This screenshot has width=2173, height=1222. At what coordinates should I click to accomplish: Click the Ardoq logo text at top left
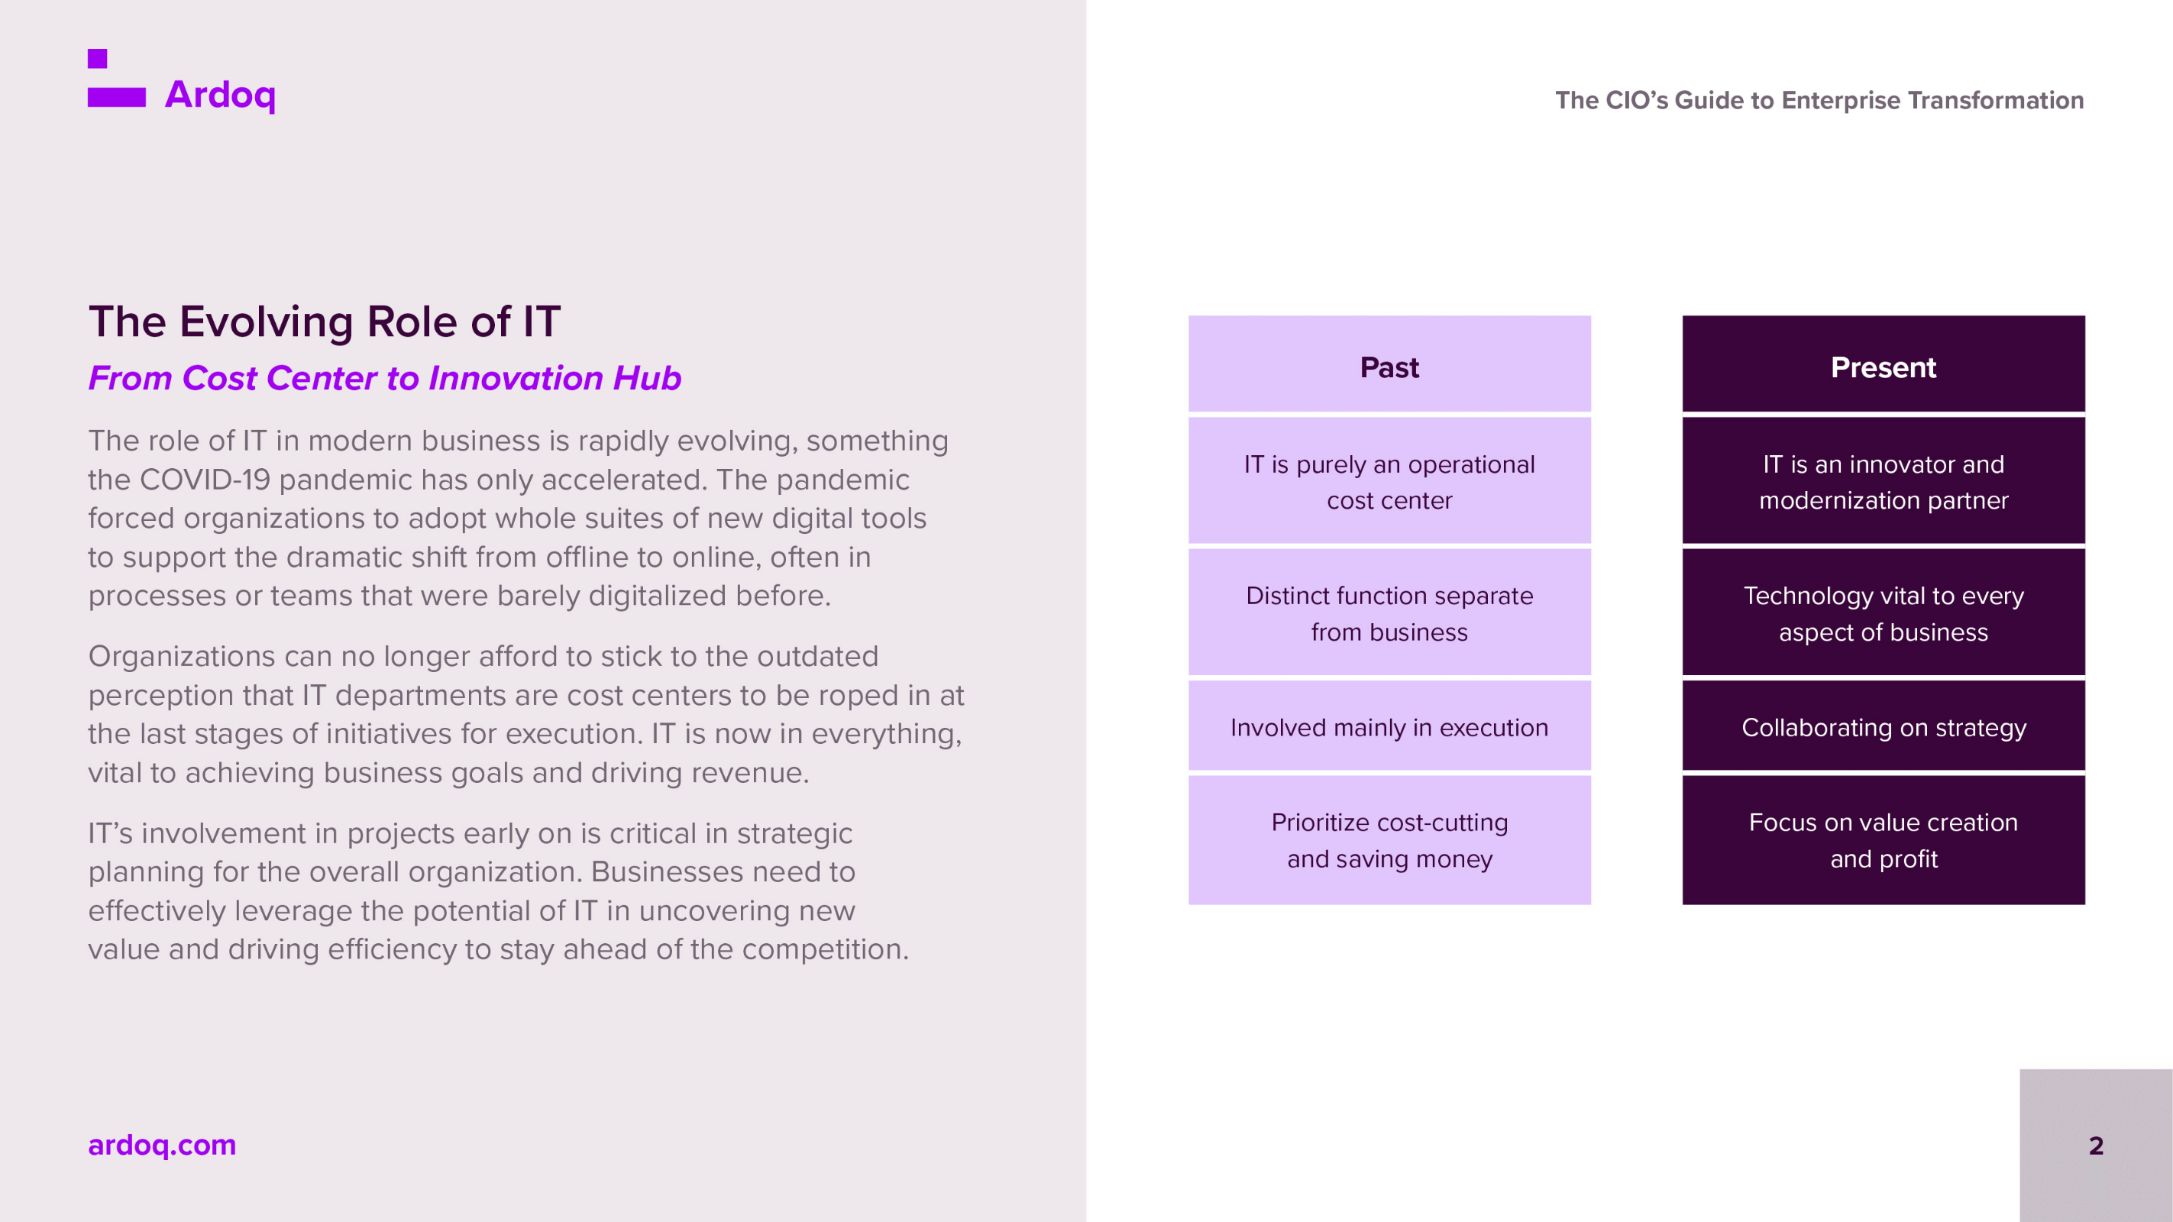tap(220, 95)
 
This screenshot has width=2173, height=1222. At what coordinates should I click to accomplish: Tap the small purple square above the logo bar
tap(97, 58)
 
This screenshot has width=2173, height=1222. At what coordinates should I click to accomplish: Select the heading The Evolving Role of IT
tap(325, 322)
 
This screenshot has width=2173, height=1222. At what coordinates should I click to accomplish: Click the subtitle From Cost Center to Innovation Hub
tap(385, 378)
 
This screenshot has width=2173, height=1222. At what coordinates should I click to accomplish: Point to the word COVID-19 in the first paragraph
tap(205, 479)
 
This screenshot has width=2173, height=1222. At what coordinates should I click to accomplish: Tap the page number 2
tap(2096, 1146)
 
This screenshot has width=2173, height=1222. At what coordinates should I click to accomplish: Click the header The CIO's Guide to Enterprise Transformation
tap(1819, 100)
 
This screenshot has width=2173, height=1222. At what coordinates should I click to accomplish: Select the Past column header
tap(1389, 364)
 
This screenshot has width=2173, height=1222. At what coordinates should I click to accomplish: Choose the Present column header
tap(1884, 364)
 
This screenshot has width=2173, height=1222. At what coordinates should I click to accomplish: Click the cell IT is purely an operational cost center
tap(1389, 480)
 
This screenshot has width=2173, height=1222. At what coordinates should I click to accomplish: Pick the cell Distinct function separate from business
tap(1389, 613)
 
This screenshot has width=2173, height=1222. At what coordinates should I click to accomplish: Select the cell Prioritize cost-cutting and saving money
tap(1389, 840)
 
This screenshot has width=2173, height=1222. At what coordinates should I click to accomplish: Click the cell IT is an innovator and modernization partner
tap(1884, 480)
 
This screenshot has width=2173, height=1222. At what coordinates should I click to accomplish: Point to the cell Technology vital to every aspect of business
tap(1884, 613)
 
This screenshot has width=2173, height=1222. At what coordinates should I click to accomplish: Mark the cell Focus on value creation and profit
tap(1884, 840)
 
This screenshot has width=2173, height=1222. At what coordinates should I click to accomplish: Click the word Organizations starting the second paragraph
tap(181, 657)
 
